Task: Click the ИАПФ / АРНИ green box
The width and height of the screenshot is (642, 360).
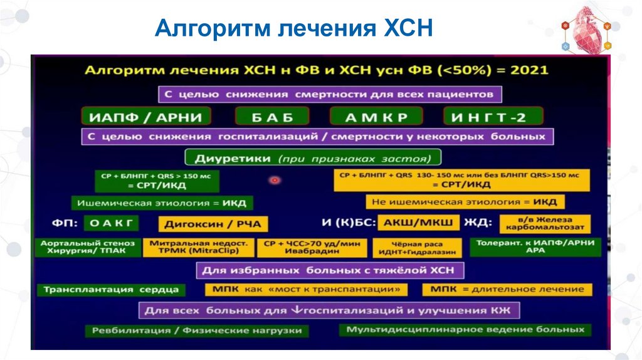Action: (x=145, y=116)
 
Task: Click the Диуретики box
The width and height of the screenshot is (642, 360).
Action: (x=313, y=157)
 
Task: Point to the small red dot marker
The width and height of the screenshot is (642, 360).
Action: (x=275, y=180)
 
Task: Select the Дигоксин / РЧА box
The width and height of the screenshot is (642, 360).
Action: (x=213, y=224)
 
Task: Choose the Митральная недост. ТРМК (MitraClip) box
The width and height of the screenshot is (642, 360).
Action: (x=199, y=246)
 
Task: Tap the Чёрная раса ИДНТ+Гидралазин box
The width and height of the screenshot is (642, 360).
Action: (x=417, y=247)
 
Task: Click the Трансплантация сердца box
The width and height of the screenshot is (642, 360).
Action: (x=111, y=289)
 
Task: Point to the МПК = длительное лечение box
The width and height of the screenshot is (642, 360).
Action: (x=507, y=289)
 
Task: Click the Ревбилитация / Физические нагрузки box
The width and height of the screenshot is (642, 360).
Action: (x=197, y=330)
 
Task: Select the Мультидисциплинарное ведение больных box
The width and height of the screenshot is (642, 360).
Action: (x=465, y=329)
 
